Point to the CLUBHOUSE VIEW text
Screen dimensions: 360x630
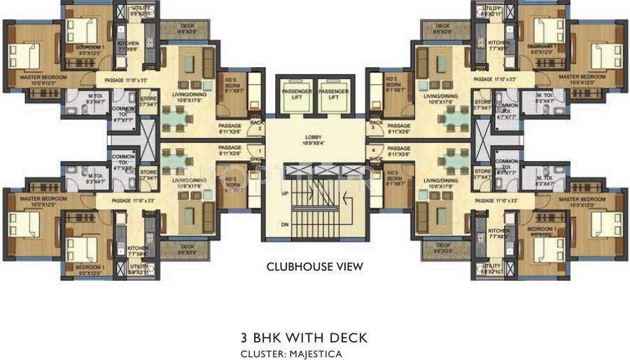point(314,267)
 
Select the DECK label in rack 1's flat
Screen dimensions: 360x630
point(187,246)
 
